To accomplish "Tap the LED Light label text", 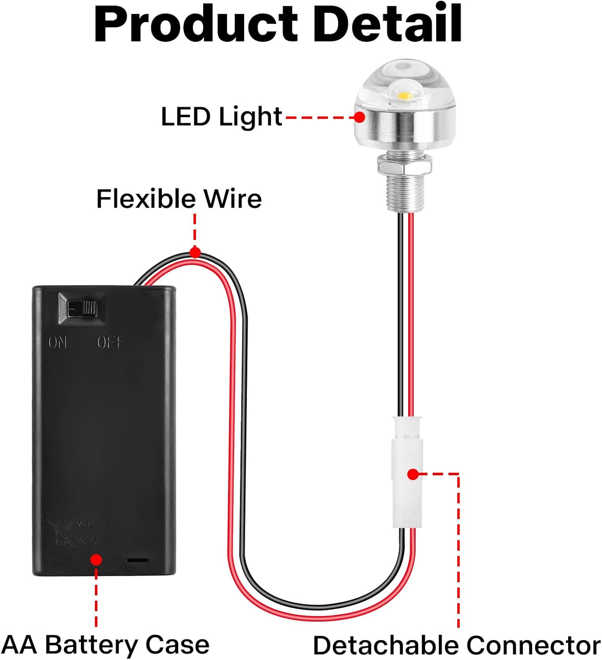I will coord(221,117).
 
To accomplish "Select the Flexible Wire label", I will coord(179,199).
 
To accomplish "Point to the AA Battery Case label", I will coord(106,645).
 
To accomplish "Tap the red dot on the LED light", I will coord(360,117).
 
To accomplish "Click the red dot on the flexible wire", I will coord(195,253).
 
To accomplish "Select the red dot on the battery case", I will coord(96,560).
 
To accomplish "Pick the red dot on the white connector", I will coord(412,474).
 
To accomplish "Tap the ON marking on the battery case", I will coord(58,342).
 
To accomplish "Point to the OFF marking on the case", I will coord(110,342).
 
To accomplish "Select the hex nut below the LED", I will coord(405,166).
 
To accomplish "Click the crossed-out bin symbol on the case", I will coord(60,533).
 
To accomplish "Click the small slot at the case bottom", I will coord(137,561).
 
